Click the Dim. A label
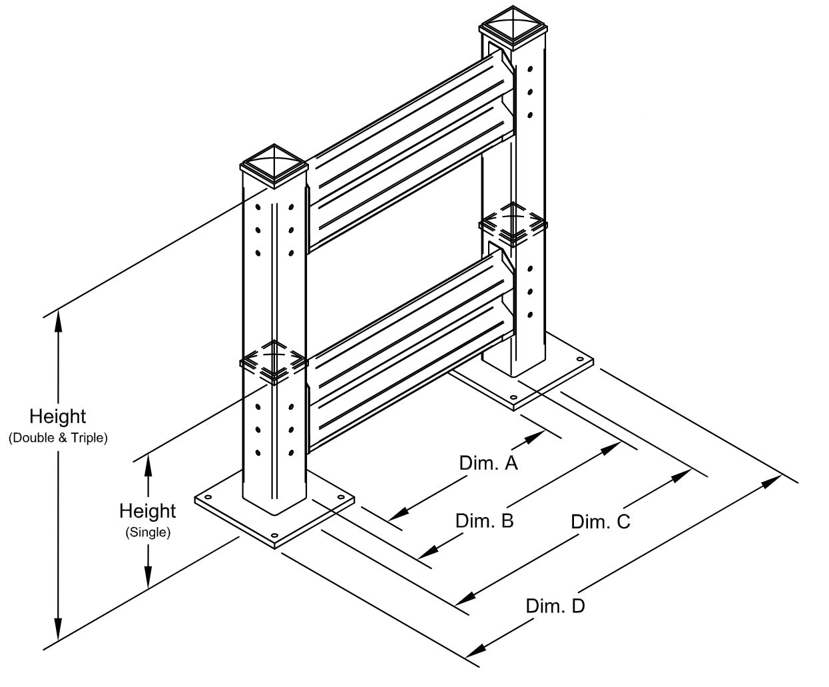tap(488, 463)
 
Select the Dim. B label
tap(484, 520)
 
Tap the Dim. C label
tap(600, 522)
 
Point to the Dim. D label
tap(555, 606)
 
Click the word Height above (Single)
tap(147, 511)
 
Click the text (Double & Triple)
tap(58, 438)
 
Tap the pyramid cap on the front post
tap(274, 164)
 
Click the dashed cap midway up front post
tap(274, 361)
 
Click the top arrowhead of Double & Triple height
tap(59, 321)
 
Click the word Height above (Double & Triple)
tap(58, 416)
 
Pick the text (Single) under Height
tap(147, 533)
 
